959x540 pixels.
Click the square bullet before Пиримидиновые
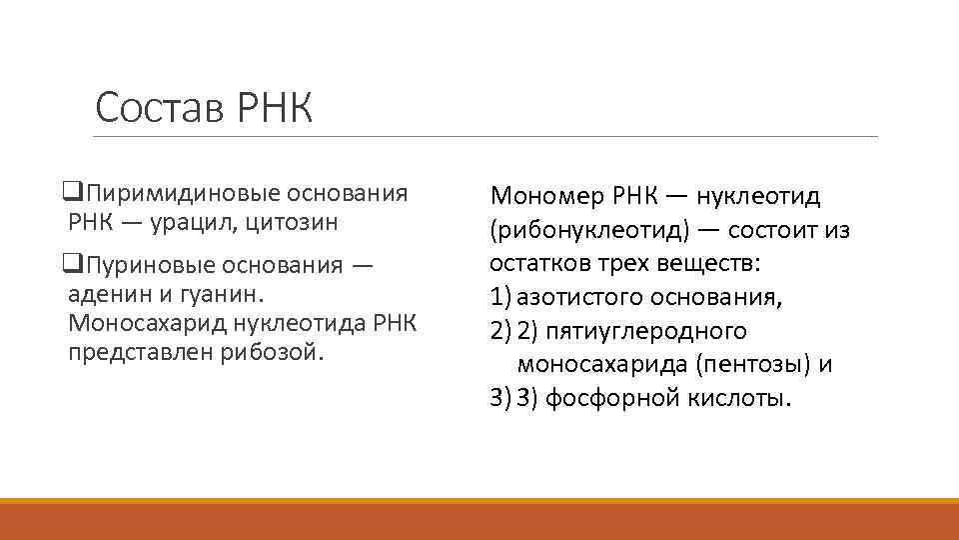(x=71, y=193)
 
